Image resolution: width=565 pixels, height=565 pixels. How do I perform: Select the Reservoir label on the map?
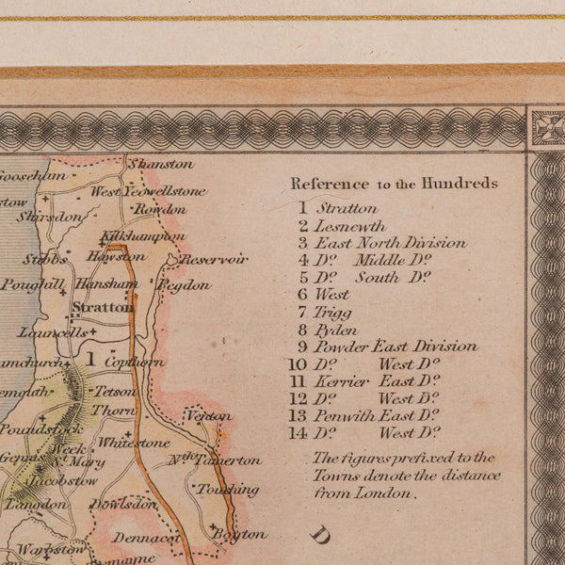(x=214, y=259)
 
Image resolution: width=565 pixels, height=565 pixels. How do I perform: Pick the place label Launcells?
(x=53, y=332)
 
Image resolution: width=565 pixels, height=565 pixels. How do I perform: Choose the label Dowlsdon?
(x=123, y=505)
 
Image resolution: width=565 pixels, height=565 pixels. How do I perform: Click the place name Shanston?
(x=161, y=164)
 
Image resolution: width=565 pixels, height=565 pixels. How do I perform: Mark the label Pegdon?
(x=185, y=284)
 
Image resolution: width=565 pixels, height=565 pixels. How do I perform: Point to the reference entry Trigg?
(x=333, y=312)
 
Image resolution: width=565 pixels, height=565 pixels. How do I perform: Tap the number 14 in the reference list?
(x=298, y=433)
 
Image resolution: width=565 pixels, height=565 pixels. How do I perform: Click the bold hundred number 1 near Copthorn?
(x=91, y=359)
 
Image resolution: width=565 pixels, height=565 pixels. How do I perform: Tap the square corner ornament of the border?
(x=545, y=127)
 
